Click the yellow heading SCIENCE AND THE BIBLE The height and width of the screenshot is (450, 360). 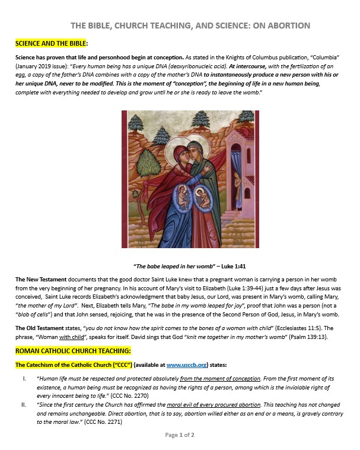click(51, 43)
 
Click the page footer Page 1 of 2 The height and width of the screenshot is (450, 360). click(180, 435)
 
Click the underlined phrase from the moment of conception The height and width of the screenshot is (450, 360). click(220, 378)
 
